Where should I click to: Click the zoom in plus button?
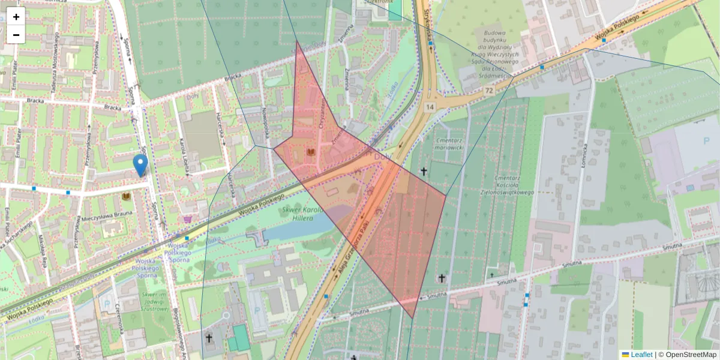click(16, 17)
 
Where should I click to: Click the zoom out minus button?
click(16, 35)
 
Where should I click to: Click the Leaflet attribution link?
click(641, 355)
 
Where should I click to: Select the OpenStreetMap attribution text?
click(690, 355)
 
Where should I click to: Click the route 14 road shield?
click(430, 107)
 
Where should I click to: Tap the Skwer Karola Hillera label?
click(303, 214)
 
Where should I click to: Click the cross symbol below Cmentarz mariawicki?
click(424, 172)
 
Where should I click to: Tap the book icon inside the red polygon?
click(311, 152)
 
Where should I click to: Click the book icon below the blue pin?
click(126, 196)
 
